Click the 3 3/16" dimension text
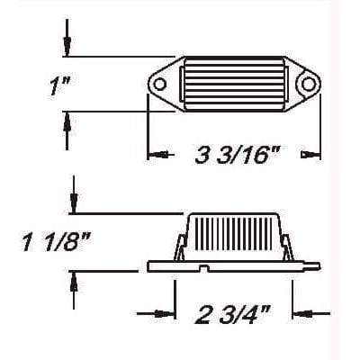(x=233, y=155)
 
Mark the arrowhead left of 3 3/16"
(x=160, y=156)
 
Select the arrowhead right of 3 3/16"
(x=309, y=156)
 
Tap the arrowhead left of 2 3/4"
(x=165, y=314)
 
